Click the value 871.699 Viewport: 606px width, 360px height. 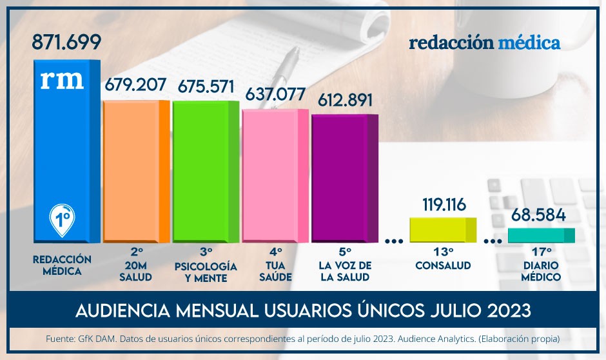pyautogui.click(x=66, y=43)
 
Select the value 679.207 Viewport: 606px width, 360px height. pyautogui.click(x=135, y=85)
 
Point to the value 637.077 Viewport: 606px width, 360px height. pyautogui.click(x=275, y=94)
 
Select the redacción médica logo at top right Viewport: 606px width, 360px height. pyautogui.click(x=484, y=43)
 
